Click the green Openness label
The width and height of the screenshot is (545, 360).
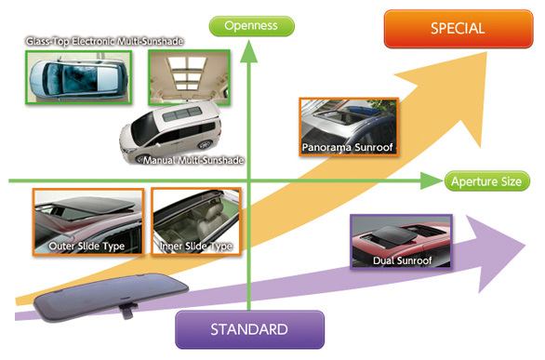coord(252,26)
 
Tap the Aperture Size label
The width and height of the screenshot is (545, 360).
coord(487,181)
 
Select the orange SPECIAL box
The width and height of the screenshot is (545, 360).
coord(459,29)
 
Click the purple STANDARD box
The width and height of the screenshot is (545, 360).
coord(249,329)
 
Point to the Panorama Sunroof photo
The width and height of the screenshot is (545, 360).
coord(348,127)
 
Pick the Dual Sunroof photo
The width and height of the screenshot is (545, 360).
coord(402,242)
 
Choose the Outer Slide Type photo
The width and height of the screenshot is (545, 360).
coord(88,222)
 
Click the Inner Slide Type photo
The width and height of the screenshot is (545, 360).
coord(196,222)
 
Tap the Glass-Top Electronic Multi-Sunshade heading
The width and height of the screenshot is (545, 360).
coord(104,42)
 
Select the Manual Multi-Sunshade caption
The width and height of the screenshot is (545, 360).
coord(193,160)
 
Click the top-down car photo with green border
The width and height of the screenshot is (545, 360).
coord(78,77)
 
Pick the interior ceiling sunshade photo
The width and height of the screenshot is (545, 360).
coord(189,77)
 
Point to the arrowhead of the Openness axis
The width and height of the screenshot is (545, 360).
coord(249,51)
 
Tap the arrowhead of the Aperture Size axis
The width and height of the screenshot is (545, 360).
coord(432,180)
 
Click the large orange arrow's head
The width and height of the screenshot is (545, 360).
coord(459,90)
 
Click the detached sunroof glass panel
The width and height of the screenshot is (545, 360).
coord(112,296)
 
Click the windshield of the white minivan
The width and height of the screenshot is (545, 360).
coord(142,128)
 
